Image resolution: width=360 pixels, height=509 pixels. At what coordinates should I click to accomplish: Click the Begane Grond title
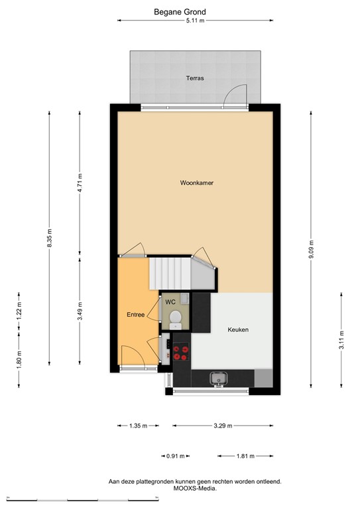coord(180,12)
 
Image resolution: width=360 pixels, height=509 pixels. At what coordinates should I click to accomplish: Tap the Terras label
coord(195,78)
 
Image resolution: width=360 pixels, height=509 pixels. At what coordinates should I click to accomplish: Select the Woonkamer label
coord(197,183)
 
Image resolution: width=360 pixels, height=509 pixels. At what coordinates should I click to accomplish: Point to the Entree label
coord(136,315)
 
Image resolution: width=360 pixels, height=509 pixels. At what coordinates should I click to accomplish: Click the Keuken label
coord(238,329)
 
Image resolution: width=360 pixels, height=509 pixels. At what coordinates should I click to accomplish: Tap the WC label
coord(170,302)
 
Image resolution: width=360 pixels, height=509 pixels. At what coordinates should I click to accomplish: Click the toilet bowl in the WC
coord(176,318)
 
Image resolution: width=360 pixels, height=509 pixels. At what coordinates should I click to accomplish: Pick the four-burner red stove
coord(181,353)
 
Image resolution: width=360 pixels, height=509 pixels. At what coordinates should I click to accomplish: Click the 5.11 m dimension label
coord(195,21)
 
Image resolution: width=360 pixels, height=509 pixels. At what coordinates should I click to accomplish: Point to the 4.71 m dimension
coord(80,183)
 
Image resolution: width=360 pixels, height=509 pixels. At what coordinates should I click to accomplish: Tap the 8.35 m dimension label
coord(49,238)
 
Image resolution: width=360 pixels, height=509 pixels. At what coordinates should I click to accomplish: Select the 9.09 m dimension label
coord(311,249)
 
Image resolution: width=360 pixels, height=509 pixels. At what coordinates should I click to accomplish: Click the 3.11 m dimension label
coord(341,340)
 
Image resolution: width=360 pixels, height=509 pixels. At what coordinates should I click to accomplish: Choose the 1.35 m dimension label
coord(139,425)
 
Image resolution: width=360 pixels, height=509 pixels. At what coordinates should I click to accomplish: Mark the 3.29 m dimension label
coord(223,425)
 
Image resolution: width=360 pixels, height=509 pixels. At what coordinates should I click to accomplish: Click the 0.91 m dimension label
coord(175,456)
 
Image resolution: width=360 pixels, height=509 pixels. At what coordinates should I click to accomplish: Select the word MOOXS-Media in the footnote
coord(195,488)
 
